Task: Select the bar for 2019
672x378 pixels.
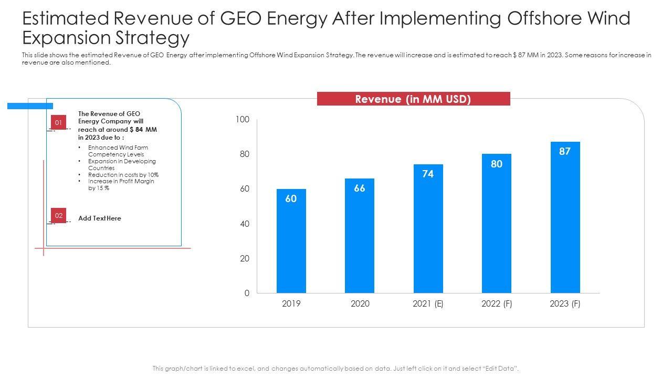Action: (291, 241)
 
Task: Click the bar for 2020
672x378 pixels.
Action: (360, 236)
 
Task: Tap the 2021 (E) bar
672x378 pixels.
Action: (428, 229)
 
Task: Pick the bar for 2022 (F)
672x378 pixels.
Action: (497, 224)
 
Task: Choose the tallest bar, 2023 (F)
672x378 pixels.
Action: (565, 217)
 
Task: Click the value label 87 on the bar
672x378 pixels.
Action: (565, 151)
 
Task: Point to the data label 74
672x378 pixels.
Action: (428, 174)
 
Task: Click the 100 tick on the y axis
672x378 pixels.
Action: (242, 120)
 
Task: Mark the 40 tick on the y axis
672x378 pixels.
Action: (244, 224)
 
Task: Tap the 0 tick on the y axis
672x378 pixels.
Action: (247, 293)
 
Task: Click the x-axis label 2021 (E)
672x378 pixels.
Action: (428, 304)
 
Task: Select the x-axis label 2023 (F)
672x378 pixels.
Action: (565, 304)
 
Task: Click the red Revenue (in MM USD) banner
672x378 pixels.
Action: (413, 99)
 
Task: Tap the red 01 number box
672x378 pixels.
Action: (59, 123)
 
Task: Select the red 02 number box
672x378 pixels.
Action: (59, 215)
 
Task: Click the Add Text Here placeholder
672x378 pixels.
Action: (100, 218)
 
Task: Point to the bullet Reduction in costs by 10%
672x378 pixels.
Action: (123, 175)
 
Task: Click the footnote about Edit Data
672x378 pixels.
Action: (335, 369)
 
